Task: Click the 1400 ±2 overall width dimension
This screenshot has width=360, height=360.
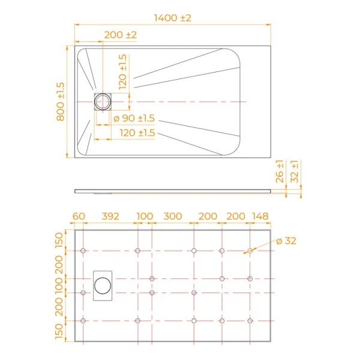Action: [x=172, y=18]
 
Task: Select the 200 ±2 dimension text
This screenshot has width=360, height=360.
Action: [x=120, y=35]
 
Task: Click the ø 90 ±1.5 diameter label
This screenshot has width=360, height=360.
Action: [x=134, y=118]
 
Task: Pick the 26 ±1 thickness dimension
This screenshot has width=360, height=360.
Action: [x=280, y=172]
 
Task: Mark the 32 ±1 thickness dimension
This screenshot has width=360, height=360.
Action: [x=294, y=172]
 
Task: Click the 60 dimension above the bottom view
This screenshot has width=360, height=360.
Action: [x=78, y=216]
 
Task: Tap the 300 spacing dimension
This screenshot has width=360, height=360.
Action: [x=173, y=216]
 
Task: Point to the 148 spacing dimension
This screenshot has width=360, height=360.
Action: [x=260, y=216]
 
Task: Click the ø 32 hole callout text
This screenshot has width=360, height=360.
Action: [x=286, y=241]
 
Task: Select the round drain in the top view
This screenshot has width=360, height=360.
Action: [x=103, y=101]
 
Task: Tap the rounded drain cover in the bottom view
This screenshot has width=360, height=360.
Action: [x=103, y=286]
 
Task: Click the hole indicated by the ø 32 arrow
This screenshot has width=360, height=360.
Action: [x=250, y=250]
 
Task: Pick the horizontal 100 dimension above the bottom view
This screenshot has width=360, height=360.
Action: [x=145, y=216]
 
